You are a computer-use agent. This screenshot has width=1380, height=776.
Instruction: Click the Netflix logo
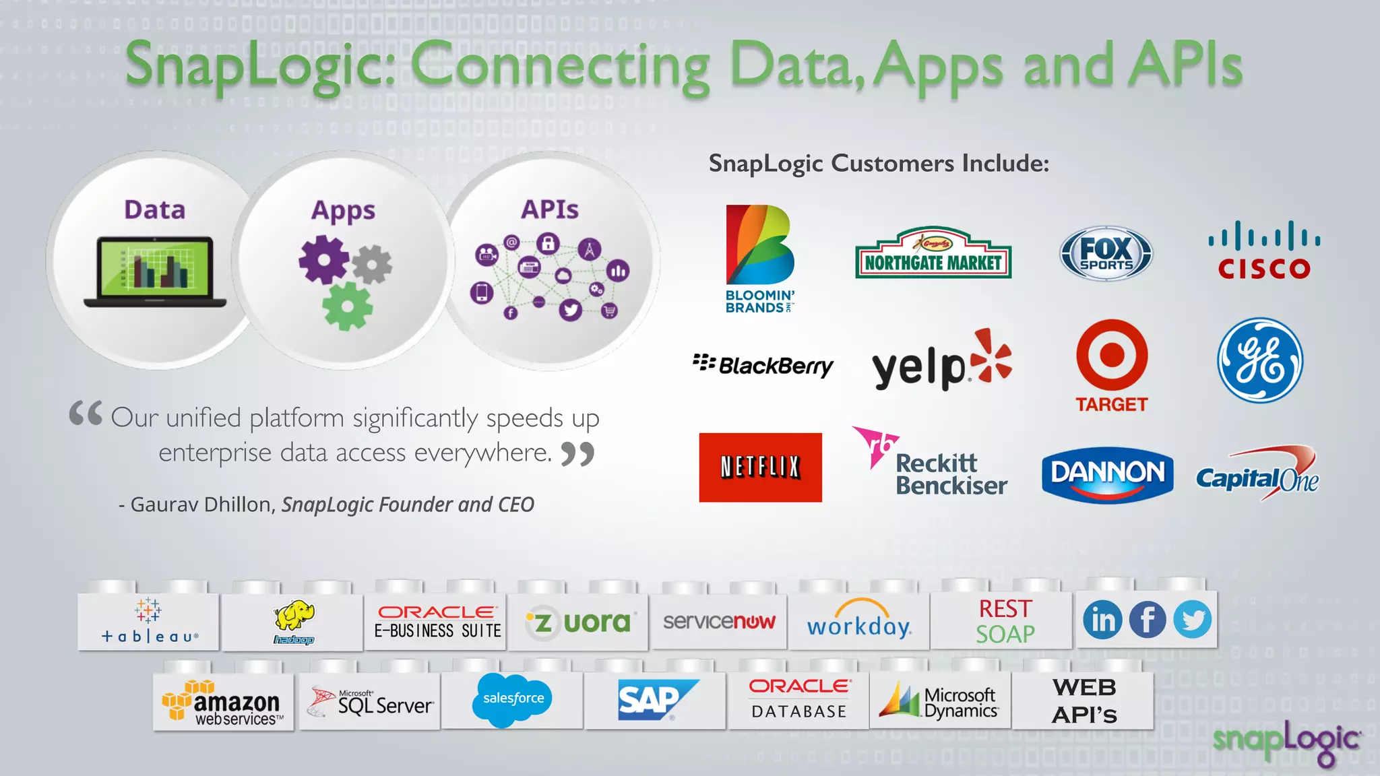point(760,467)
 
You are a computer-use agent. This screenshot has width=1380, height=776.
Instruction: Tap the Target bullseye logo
point(1111,355)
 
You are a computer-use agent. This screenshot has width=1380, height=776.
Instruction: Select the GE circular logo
point(1259,360)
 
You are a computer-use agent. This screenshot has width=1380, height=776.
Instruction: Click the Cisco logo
point(1263,251)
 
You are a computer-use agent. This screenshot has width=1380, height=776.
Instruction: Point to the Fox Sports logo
point(1106,254)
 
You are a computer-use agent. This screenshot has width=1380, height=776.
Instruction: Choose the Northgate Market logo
point(933,254)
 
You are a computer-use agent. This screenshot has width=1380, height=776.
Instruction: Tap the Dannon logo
point(1107,474)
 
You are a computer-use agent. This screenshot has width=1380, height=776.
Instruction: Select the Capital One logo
point(1257,474)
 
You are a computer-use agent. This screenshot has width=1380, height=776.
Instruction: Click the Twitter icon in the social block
point(1192,620)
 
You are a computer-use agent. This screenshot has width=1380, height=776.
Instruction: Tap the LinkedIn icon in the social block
point(1102,620)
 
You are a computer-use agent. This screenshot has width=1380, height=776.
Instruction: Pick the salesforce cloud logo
point(513,699)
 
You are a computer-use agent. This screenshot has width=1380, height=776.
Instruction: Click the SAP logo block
point(654,700)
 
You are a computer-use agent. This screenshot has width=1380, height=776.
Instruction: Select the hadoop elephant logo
point(294,620)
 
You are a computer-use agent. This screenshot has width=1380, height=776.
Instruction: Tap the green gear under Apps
point(347,306)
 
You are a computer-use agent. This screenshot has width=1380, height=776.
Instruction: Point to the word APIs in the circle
point(549,209)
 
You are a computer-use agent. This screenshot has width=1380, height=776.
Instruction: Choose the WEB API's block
point(1084,701)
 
